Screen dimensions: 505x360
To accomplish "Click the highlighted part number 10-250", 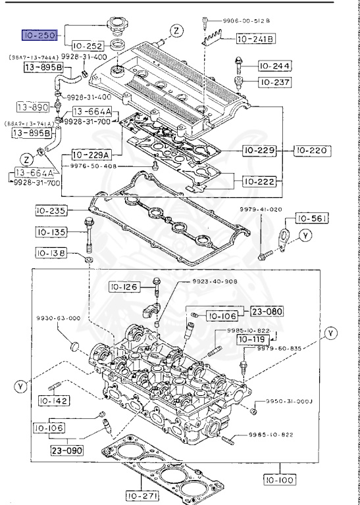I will pyautogui.click(x=39, y=35).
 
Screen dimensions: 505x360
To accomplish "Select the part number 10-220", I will pyautogui.click(x=311, y=151).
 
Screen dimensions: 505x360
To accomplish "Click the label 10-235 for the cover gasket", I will pyautogui.click(x=51, y=211).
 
